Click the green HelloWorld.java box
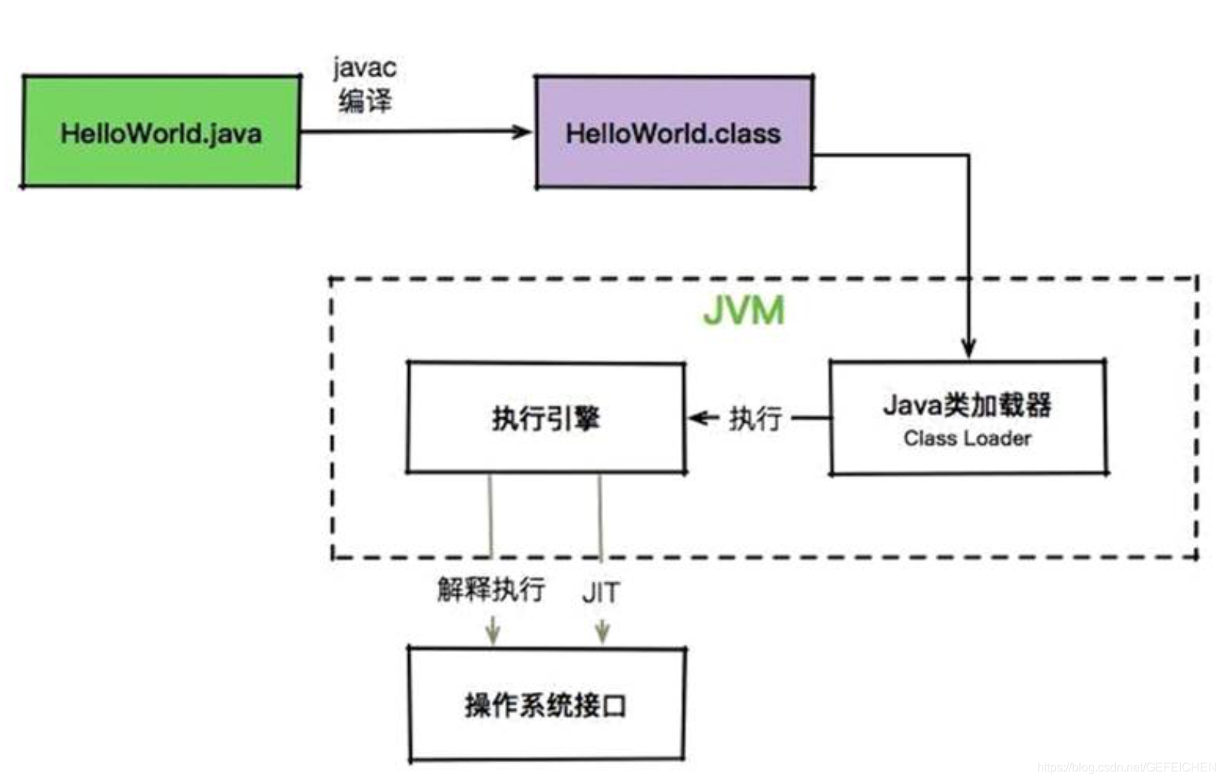tap(161, 132)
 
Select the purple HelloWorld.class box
tap(673, 133)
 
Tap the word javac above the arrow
tap(365, 68)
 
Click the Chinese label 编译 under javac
tap(365, 100)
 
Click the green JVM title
tap(744, 310)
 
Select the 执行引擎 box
tap(546, 418)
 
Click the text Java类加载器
tap(967, 405)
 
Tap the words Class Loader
tap(967, 438)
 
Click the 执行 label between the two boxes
tap(755, 418)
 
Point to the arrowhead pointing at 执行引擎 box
tap(697, 417)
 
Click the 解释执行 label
tap(491, 589)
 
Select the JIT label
tap(601, 593)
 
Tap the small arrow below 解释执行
tap(492, 630)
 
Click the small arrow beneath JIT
tap(602, 630)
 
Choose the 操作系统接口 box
tap(546, 705)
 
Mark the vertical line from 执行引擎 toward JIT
tap(600, 517)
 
